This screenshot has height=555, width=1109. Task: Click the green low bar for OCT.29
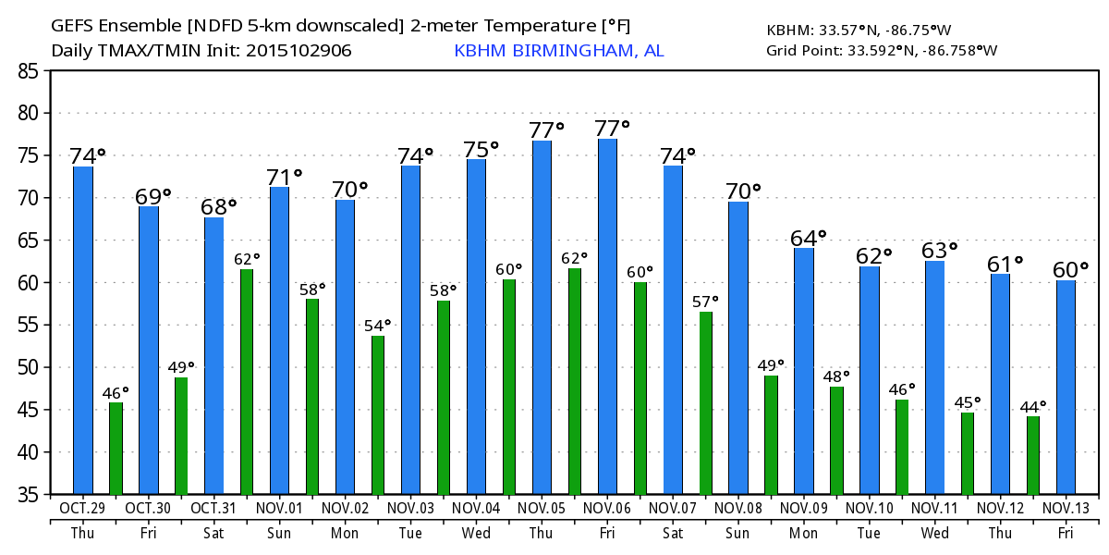(116, 448)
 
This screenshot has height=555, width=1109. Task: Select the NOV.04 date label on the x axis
(477, 508)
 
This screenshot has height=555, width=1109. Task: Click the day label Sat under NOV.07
(673, 534)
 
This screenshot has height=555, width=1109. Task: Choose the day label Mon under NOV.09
(804, 534)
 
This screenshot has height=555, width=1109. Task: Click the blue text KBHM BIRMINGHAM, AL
(558, 51)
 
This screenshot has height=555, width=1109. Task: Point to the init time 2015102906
(299, 51)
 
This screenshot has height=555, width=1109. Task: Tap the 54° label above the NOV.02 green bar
(377, 326)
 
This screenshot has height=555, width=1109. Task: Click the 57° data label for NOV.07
(705, 302)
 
